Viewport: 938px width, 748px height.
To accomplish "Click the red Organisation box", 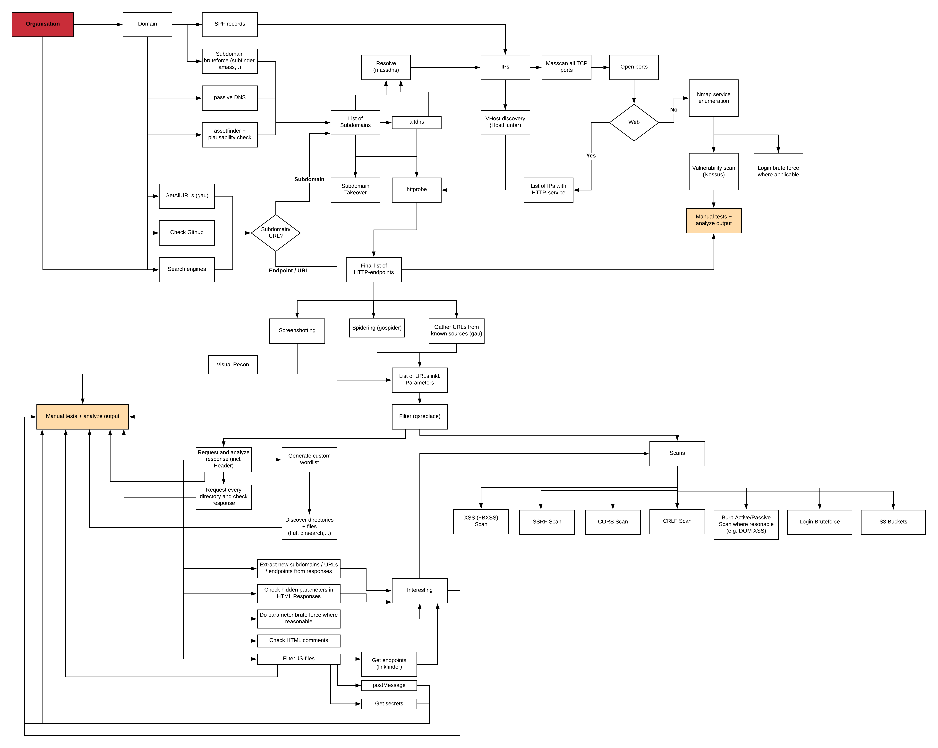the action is pyautogui.click(x=43, y=24).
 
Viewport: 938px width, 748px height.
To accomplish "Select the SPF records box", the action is pyautogui.click(x=230, y=24).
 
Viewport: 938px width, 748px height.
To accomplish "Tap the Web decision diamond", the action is pyautogui.click(x=634, y=123).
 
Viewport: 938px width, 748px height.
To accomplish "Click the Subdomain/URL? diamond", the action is pyautogui.click(x=276, y=233).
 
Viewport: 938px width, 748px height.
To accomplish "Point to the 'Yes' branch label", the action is pyautogui.click(x=591, y=156).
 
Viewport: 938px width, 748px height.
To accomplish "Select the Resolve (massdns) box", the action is pyautogui.click(x=386, y=68).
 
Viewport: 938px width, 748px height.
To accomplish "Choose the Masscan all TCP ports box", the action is pyautogui.click(x=566, y=68).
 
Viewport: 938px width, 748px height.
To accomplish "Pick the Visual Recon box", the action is pyautogui.click(x=233, y=365).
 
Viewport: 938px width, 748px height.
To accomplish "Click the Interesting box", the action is pyautogui.click(x=420, y=591).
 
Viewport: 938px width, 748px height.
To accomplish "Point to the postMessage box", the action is pyautogui.click(x=389, y=685).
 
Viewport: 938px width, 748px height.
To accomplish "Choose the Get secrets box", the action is pyautogui.click(x=389, y=704).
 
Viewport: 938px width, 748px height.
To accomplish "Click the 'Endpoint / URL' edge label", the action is pyautogui.click(x=289, y=271).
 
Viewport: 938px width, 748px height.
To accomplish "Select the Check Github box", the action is pyautogui.click(x=187, y=233).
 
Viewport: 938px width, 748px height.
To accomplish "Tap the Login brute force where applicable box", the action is pyautogui.click(x=778, y=172).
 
